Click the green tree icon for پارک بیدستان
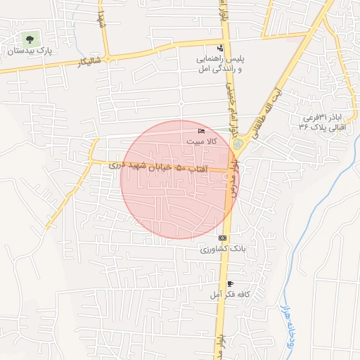pyautogui.click(x=30, y=38)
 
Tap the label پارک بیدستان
pyautogui.click(x=30, y=51)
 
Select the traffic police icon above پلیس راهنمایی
pyautogui.click(x=220, y=48)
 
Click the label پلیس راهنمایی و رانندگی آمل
pyautogui.click(x=220, y=65)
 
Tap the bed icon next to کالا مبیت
pyautogui.click(x=202, y=131)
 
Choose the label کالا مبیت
pyautogui.click(x=202, y=142)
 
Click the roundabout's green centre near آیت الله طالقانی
pyautogui.click(x=238, y=146)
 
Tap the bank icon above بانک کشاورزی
pyautogui.click(x=222, y=238)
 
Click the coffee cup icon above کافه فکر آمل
pyautogui.click(x=230, y=283)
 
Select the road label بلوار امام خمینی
pyautogui.click(x=228, y=98)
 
